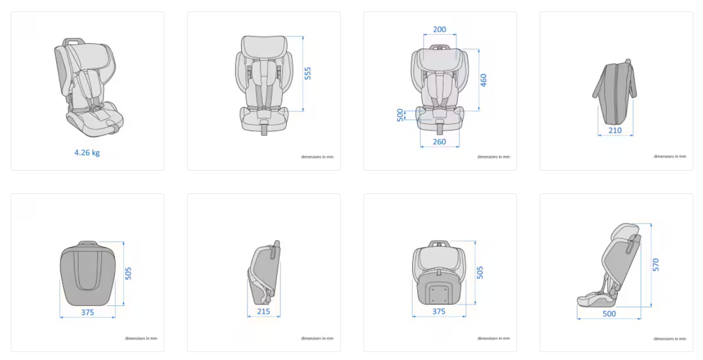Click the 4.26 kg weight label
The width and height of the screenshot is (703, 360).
87,153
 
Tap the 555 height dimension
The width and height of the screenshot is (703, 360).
308,73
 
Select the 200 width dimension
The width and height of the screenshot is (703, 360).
439,29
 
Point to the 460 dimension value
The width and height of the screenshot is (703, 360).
483,80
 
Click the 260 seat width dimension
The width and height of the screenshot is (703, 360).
439,142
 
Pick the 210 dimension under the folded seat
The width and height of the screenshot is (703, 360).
615,130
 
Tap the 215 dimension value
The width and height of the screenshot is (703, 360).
263,311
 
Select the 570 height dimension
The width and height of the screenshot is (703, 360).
656,264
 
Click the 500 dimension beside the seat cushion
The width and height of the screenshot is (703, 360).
400,115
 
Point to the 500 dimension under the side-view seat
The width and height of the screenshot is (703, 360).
609,313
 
